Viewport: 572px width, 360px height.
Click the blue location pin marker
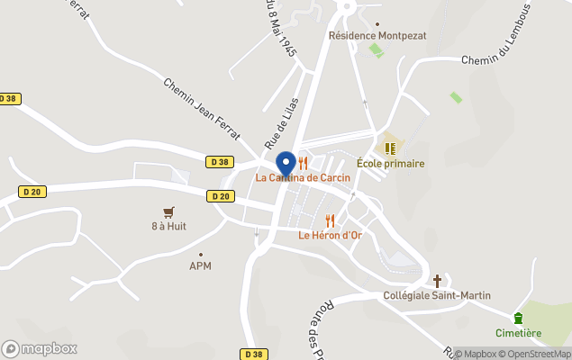click(x=286, y=165)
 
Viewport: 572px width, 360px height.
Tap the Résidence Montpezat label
click(x=377, y=36)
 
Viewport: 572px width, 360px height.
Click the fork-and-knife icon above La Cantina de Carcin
click(x=304, y=163)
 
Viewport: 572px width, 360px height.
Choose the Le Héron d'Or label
click(x=330, y=235)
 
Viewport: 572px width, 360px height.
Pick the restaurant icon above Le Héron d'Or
click(x=330, y=220)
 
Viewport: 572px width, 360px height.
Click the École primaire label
click(x=390, y=164)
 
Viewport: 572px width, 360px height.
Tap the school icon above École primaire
click(x=390, y=148)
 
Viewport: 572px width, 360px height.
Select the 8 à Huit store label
click(x=168, y=226)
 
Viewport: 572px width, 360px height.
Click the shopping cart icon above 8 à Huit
click(x=168, y=211)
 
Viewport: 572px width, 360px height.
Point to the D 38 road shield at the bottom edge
click(x=254, y=354)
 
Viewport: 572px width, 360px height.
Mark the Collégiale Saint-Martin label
click(x=438, y=295)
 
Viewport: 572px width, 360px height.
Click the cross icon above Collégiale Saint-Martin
click(x=438, y=281)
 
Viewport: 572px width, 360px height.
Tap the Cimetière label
click(x=518, y=333)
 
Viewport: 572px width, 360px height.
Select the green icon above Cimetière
click(x=518, y=318)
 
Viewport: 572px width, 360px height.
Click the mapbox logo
click(x=40, y=348)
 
